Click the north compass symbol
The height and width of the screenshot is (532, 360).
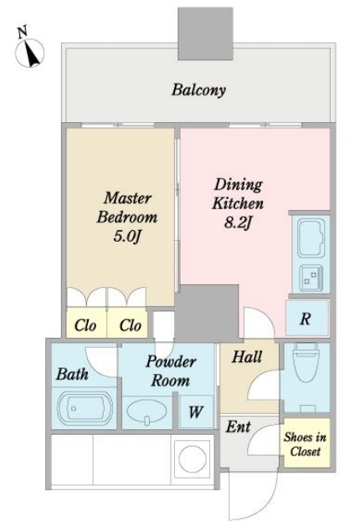pyautogui.click(x=29, y=52)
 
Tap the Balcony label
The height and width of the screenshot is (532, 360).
pyautogui.click(x=198, y=90)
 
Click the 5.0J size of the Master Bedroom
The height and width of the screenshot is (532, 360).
pyautogui.click(x=126, y=237)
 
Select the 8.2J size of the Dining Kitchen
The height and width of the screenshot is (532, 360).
pyautogui.click(x=238, y=223)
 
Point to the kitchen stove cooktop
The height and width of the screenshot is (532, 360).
pyautogui.click(x=311, y=279)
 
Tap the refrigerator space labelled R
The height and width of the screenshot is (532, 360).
pyautogui.click(x=307, y=318)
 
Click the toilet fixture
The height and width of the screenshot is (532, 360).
pyautogui.click(x=306, y=362)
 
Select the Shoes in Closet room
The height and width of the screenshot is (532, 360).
pyautogui.click(x=306, y=443)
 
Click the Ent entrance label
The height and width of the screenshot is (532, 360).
pyautogui.click(x=239, y=427)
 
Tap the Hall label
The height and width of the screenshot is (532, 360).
pyautogui.click(x=247, y=357)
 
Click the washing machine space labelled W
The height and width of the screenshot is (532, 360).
pyautogui.click(x=196, y=412)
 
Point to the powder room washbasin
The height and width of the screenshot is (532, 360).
pyautogui.click(x=147, y=412)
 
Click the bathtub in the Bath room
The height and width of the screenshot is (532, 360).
pyautogui.click(x=85, y=408)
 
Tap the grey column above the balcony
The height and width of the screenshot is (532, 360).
pyautogui.click(x=205, y=33)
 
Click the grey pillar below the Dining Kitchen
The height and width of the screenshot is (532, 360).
pyautogui.click(x=207, y=313)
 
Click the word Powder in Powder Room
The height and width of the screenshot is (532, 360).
pyautogui.click(x=171, y=361)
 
